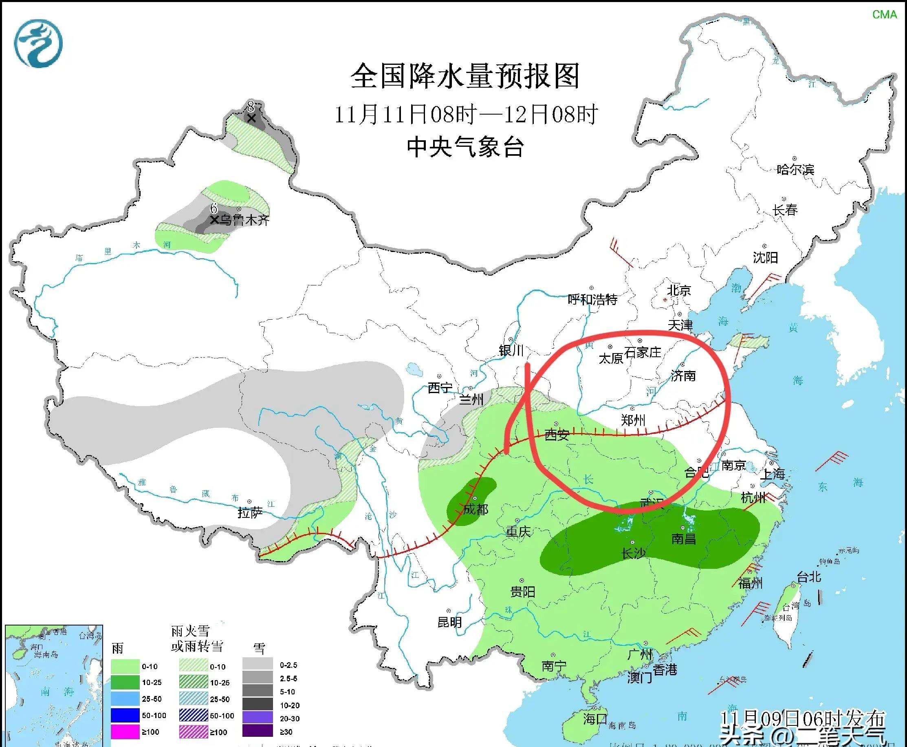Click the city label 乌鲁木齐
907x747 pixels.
click(x=245, y=220)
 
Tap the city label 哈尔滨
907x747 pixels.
click(x=795, y=170)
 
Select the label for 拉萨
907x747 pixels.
click(x=250, y=513)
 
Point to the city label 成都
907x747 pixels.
click(x=476, y=509)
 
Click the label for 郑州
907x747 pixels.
click(x=634, y=420)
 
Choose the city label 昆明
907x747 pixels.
click(x=449, y=622)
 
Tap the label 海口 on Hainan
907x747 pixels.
click(x=595, y=718)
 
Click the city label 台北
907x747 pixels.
click(x=809, y=577)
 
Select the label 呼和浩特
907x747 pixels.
click(x=592, y=299)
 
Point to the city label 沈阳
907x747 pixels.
click(x=766, y=257)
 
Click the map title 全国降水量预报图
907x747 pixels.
click(x=465, y=76)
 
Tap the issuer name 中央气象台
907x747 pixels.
click(x=465, y=147)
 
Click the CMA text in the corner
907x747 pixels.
click(x=885, y=15)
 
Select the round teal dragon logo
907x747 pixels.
click(x=38, y=44)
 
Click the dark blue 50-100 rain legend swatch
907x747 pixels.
click(x=125, y=715)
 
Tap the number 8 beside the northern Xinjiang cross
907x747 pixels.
click(x=250, y=106)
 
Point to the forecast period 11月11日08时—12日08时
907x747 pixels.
click(x=465, y=114)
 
